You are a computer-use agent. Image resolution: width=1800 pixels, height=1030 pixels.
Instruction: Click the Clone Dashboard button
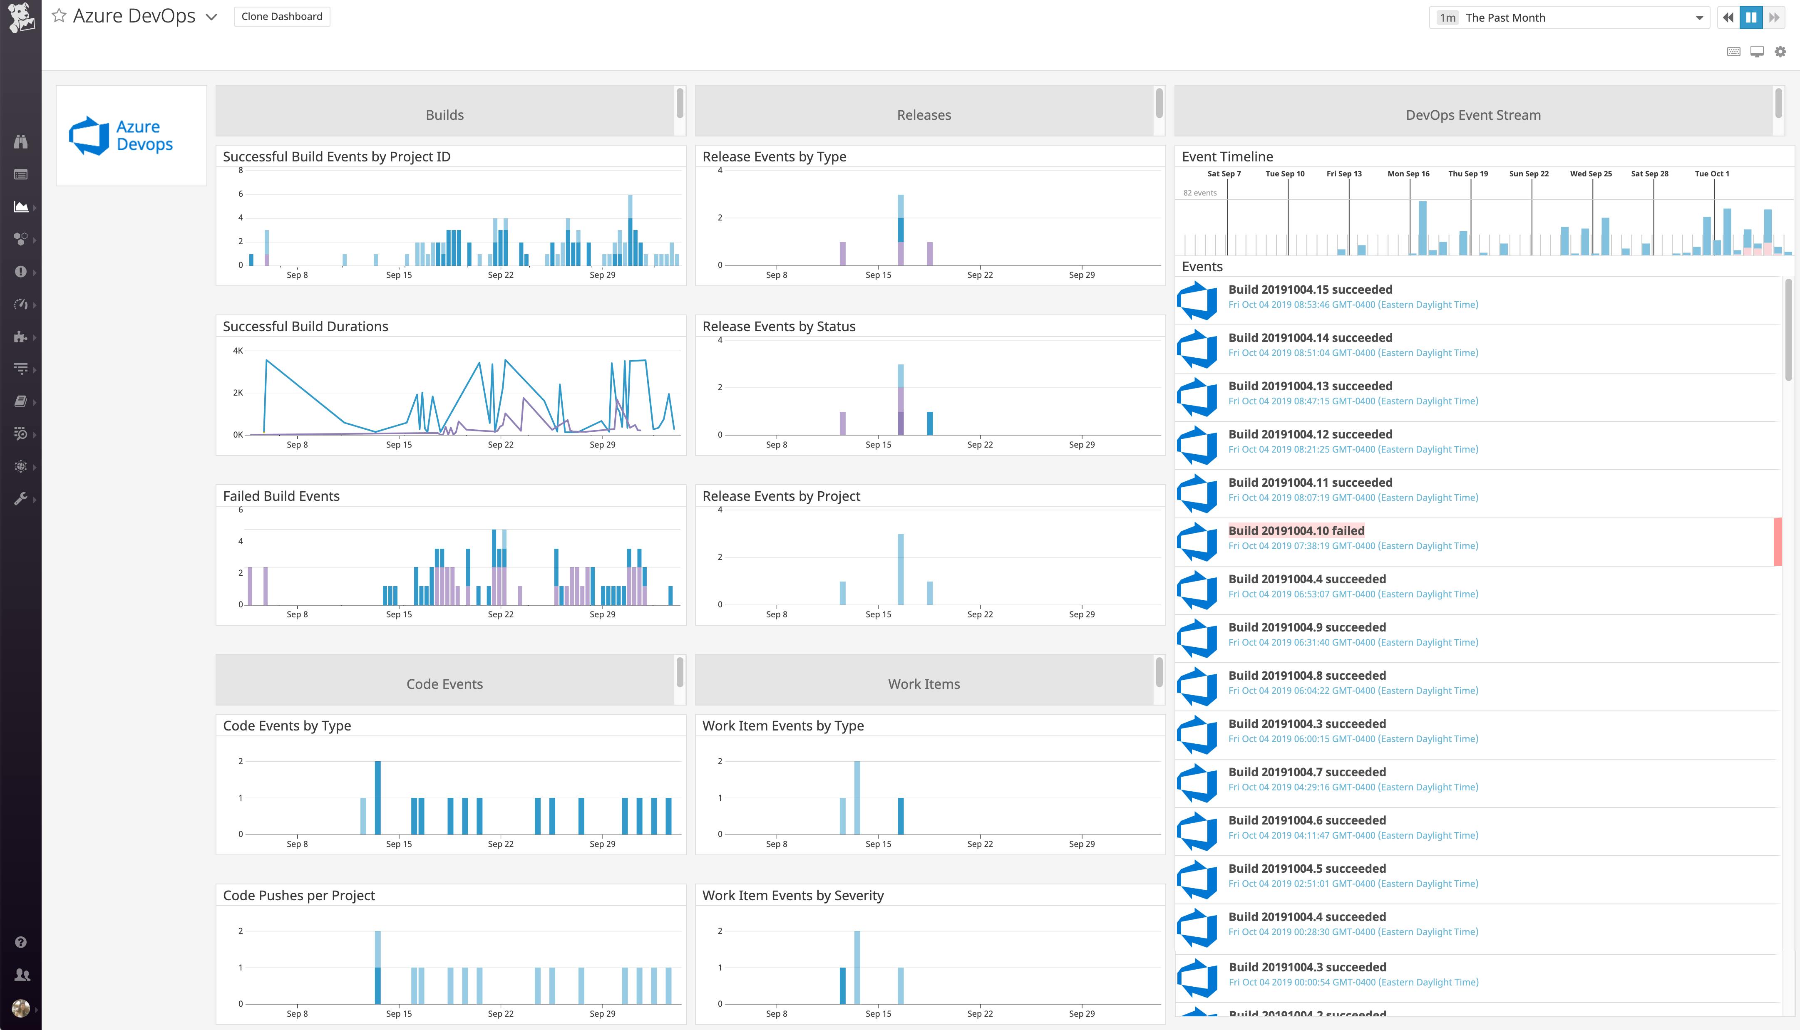(282, 16)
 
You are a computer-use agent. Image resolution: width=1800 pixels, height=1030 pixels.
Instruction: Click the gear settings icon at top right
(1780, 52)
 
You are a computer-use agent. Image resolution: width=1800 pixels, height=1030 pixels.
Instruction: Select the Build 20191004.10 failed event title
(1296, 530)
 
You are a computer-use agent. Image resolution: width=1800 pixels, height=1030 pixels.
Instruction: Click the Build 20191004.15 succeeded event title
(1310, 290)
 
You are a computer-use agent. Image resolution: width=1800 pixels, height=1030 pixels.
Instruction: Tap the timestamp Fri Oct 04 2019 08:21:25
(1353, 449)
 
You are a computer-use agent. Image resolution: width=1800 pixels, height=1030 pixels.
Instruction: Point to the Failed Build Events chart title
(281, 496)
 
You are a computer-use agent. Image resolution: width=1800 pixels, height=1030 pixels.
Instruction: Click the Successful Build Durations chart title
(305, 326)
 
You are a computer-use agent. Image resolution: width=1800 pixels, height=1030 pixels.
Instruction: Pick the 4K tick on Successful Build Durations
(238, 351)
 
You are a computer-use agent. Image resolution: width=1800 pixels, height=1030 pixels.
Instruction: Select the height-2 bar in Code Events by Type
(378, 797)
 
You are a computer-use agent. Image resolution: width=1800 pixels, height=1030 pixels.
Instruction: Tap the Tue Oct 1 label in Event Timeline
(1711, 174)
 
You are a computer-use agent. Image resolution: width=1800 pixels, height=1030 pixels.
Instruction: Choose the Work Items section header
(924, 684)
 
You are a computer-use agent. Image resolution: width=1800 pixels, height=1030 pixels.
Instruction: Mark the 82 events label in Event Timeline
(1200, 193)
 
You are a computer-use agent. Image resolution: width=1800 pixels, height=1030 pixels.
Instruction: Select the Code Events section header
(444, 684)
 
